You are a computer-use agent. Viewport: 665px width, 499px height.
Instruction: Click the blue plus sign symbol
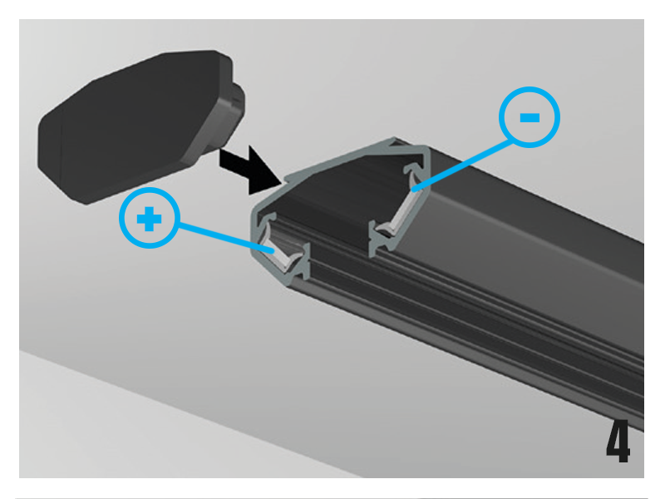(x=150, y=219)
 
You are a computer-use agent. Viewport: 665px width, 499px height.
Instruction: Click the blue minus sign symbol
(x=530, y=117)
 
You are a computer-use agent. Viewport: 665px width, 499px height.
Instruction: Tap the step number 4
(x=618, y=441)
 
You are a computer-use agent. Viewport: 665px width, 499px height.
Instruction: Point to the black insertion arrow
(x=250, y=170)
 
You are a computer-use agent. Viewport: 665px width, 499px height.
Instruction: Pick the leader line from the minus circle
(x=463, y=166)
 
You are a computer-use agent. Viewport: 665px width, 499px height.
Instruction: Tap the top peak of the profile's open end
(x=394, y=138)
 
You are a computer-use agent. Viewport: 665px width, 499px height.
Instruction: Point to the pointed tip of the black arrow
(x=281, y=183)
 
